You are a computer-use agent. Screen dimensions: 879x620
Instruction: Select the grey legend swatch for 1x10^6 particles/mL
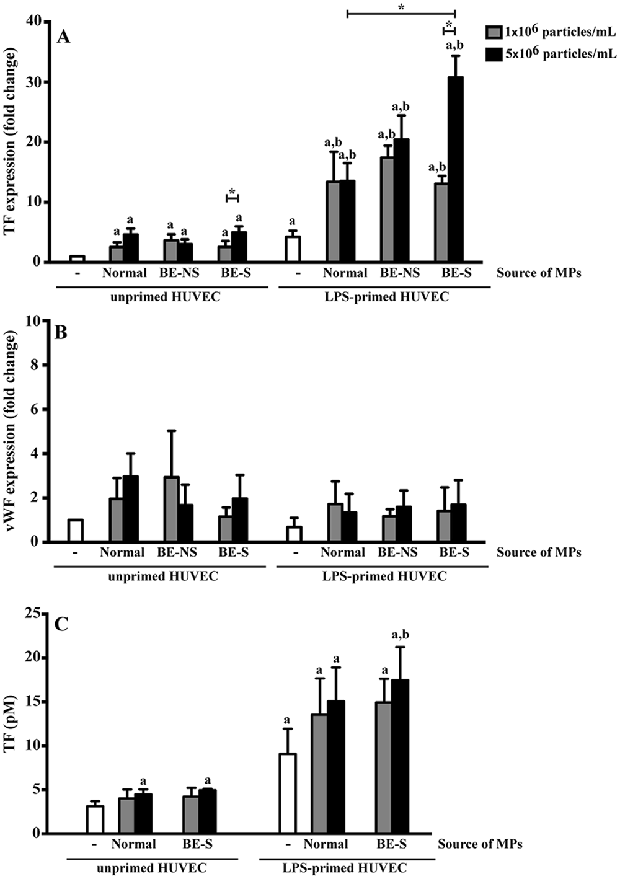[493, 33]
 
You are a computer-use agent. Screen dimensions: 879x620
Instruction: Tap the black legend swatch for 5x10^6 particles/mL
[493, 55]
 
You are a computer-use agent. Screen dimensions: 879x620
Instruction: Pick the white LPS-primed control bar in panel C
[288, 793]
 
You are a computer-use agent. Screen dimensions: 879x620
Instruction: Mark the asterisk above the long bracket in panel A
[401, 7]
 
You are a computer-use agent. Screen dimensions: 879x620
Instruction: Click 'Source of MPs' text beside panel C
[479, 844]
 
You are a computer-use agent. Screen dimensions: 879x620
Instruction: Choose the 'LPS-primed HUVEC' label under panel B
[384, 576]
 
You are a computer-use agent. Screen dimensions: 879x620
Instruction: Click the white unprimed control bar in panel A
[77, 258]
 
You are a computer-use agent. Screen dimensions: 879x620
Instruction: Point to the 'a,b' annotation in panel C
[401, 635]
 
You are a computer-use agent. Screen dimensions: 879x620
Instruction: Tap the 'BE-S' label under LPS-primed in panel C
[391, 844]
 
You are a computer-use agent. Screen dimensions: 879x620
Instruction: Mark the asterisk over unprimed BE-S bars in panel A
[232, 192]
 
